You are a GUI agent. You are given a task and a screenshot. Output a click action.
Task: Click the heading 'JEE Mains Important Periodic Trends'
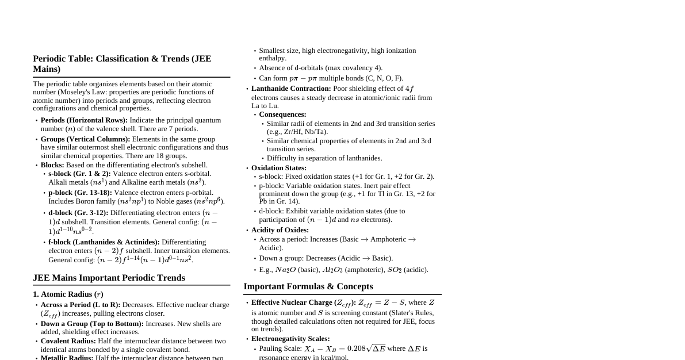109,278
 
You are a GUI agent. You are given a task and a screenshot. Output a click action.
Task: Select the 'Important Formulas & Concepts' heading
308,286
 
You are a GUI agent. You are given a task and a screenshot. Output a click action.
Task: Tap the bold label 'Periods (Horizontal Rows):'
84,120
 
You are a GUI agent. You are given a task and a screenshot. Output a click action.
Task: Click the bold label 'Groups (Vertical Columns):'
85,139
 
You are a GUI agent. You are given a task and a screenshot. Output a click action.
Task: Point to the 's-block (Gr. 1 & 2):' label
79,174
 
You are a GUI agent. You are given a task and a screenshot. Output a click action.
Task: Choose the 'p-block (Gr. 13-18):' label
80,193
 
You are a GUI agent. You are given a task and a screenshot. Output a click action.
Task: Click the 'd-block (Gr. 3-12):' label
78,213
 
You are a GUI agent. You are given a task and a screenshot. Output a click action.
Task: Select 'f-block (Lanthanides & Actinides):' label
104,242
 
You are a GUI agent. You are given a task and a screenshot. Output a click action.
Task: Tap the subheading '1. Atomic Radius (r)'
68,294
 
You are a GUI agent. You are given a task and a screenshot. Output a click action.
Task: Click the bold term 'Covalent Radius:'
68,341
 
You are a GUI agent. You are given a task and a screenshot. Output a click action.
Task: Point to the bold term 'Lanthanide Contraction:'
291,89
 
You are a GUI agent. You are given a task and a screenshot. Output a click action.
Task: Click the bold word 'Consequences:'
282,114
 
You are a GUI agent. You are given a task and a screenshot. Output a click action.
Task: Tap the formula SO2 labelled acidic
394,270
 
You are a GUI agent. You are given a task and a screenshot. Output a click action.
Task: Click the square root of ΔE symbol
376,348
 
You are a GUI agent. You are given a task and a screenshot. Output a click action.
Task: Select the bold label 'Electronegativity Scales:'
290,339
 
